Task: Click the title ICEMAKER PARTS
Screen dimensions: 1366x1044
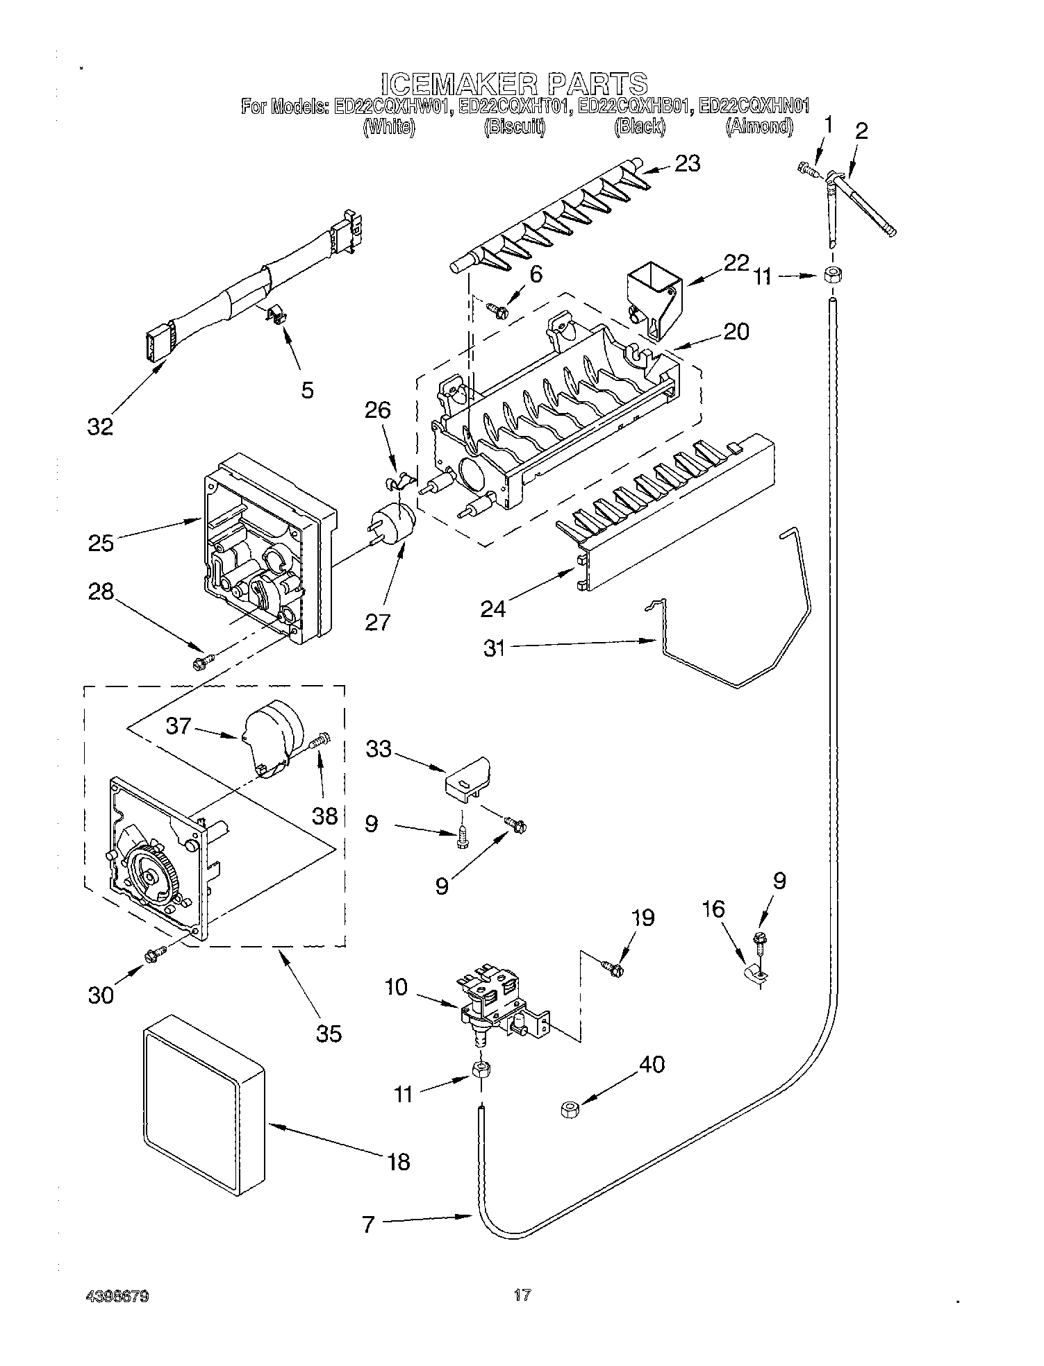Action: pyautogui.click(x=514, y=83)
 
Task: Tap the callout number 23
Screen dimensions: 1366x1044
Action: pyautogui.click(x=686, y=164)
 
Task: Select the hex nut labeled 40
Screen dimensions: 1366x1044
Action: pyautogui.click(x=570, y=1110)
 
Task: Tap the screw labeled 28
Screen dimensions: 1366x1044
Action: pyautogui.click(x=201, y=663)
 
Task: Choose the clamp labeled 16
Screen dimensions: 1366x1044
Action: pyautogui.click(x=752, y=975)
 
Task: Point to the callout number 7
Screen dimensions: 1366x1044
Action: pyautogui.click(x=369, y=1224)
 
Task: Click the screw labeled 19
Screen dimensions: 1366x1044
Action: pyautogui.click(x=613, y=965)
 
